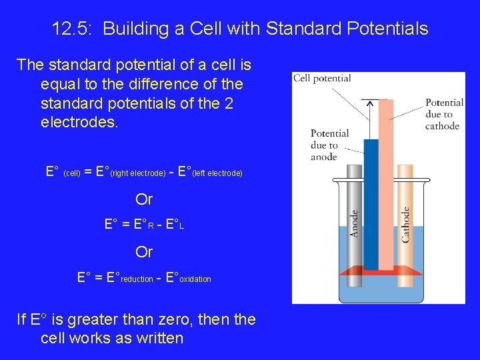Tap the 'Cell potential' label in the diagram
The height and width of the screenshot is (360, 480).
tap(322, 78)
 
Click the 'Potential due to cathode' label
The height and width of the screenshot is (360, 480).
tap(444, 114)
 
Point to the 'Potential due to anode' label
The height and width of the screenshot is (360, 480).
tap(329, 145)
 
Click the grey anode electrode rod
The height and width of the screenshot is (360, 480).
tap(355, 227)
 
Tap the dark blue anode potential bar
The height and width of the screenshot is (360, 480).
tap(371, 200)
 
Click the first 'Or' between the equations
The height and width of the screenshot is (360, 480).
tap(144, 199)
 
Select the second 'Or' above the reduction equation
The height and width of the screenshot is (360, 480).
tap(144, 252)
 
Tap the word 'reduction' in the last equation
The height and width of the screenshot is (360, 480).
tap(137, 279)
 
